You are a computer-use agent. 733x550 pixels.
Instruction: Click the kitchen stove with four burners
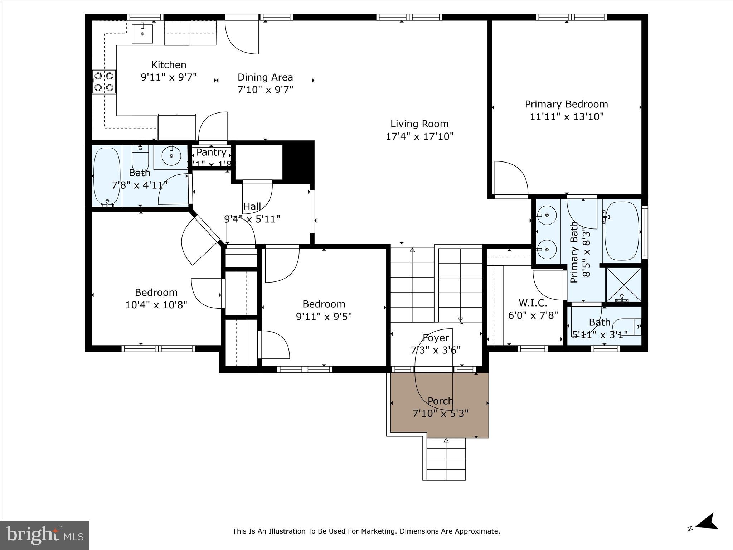point(104,81)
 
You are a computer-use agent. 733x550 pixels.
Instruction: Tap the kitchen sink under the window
point(142,34)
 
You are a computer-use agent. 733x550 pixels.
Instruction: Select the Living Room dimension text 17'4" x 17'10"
point(419,136)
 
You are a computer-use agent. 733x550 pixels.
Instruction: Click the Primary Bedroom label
point(566,104)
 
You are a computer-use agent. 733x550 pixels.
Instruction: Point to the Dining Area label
point(265,77)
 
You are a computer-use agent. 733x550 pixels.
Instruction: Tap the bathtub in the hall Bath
point(107,177)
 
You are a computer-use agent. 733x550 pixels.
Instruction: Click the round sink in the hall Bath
point(171,156)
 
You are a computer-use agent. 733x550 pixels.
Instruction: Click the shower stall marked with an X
point(623,285)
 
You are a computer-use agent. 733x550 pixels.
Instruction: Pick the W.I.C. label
point(533,303)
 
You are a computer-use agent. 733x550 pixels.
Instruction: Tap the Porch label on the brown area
point(440,401)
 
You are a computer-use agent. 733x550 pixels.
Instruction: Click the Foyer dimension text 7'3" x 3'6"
point(436,350)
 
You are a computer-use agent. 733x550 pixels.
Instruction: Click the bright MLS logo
point(45,535)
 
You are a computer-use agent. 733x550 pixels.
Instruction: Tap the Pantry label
point(211,152)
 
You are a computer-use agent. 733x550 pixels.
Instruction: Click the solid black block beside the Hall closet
point(298,162)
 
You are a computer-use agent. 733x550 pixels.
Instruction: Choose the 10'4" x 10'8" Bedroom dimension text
point(156,305)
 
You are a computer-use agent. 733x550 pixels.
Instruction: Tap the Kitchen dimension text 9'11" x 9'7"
point(169,77)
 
